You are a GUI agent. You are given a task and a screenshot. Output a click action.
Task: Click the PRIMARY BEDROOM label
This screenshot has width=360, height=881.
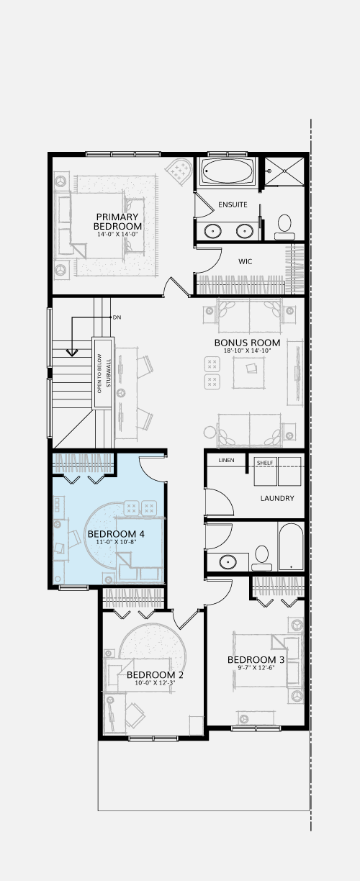click(117, 222)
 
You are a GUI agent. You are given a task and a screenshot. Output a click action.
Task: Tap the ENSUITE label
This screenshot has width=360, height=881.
click(233, 204)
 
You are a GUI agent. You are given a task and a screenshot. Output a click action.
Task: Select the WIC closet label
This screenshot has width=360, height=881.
click(245, 261)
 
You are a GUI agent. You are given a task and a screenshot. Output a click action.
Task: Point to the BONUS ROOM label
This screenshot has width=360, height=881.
click(247, 343)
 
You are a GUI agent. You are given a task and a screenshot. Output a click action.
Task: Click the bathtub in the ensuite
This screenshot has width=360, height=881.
click(228, 171)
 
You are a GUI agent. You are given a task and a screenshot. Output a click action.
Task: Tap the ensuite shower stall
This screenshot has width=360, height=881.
click(284, 171)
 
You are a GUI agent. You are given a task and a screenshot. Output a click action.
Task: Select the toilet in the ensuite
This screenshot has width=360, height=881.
click(284, 227)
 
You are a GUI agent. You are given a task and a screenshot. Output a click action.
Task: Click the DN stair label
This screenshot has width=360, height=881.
click(117, 317)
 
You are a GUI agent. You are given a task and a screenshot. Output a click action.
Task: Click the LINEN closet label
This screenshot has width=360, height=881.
click(226, 460)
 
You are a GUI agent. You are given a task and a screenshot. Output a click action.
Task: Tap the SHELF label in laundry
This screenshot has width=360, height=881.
click(265, 463)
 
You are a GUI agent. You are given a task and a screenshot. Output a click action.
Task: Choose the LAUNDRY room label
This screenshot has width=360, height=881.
click(277, 498)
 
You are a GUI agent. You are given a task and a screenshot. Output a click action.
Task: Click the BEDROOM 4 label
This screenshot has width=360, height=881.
click(116, 534)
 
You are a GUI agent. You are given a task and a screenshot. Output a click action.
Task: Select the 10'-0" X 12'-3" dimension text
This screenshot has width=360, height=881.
click(155, 683)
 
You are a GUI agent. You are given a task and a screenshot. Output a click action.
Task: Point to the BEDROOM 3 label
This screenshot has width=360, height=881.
click(256, 659)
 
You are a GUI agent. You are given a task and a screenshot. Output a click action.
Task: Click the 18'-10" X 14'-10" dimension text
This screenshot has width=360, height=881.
click(247, 351)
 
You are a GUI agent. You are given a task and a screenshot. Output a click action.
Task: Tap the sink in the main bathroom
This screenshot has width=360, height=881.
click(228, 561)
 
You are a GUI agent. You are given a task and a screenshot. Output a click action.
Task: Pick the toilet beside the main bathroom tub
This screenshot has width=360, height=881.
click(261, 558)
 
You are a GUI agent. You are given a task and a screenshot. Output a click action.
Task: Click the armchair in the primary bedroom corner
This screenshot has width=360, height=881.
click(179, 171)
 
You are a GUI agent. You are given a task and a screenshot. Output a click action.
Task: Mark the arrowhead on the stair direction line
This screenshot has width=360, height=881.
click(72, 353)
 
